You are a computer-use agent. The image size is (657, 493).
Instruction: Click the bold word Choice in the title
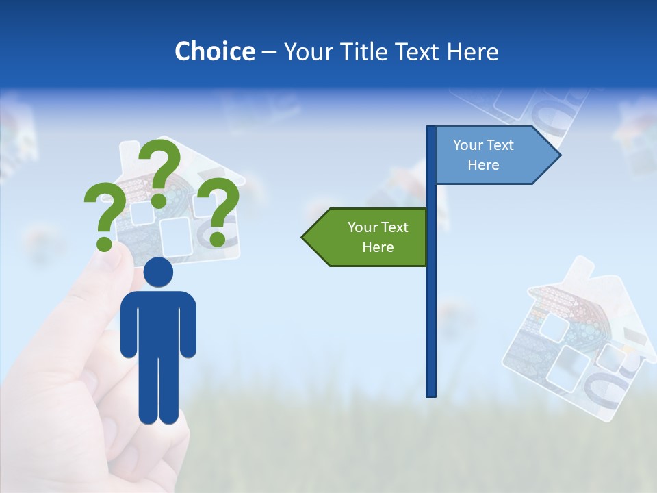[x=214, y=51]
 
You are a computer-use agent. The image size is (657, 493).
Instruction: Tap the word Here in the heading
[x=472, y=51]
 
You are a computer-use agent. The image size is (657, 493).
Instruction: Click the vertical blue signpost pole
[x=431, y=308]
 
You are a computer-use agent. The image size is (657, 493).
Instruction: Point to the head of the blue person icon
[x=158, y=272]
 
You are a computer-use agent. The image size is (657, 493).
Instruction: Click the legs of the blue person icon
[x=158, y=390]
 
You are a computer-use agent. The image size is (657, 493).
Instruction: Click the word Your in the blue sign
[x=468, y=145]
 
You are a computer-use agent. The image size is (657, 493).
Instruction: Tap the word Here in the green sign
[x=378, y=247]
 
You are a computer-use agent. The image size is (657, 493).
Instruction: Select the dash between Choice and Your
[x=269, y=52]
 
